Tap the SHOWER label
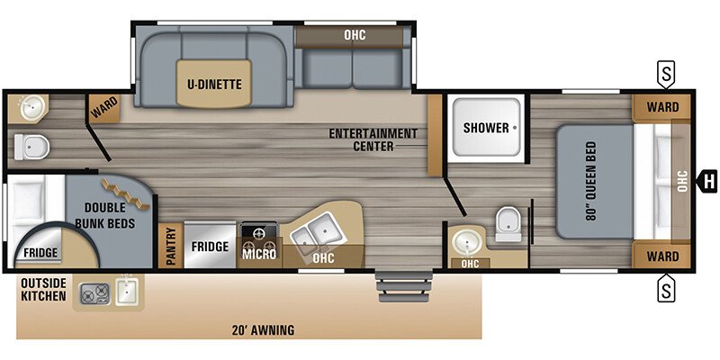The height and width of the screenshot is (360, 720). pos(486,128)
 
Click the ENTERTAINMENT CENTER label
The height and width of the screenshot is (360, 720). pos(373,139)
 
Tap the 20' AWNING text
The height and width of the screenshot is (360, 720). pos(262,330)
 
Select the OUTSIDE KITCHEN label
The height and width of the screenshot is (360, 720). pos(43,290)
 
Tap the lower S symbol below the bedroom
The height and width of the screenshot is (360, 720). pos(665,290)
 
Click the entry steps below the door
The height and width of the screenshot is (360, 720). pos(393,288)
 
